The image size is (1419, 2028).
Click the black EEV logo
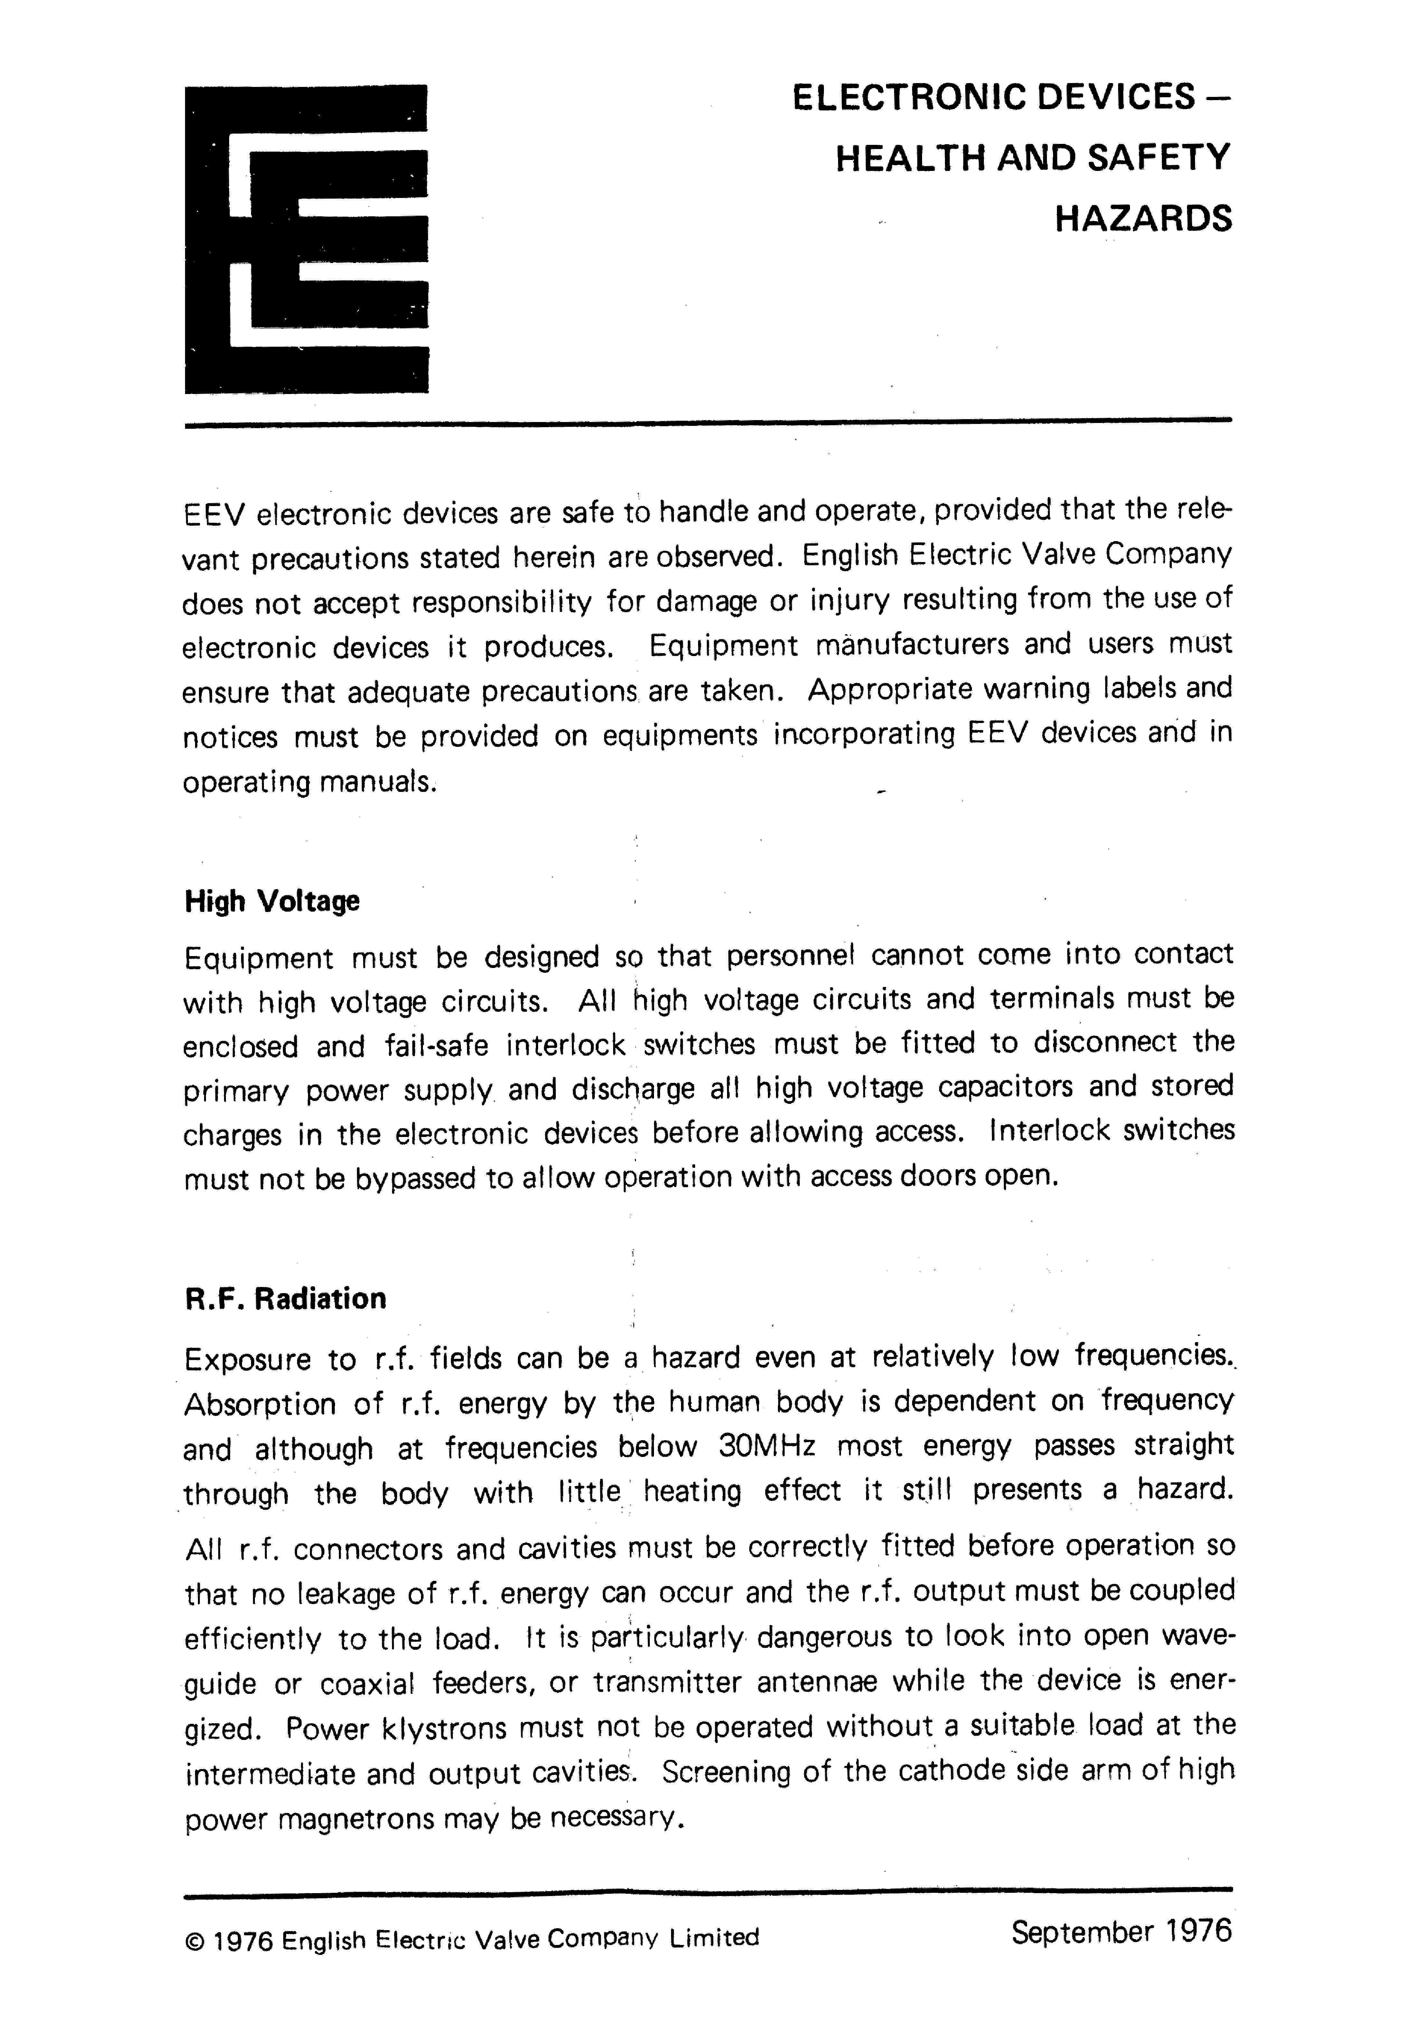306,239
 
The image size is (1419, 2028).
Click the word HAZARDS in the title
1143,218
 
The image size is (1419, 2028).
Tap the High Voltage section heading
272,902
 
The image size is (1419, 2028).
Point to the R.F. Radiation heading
285,1299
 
